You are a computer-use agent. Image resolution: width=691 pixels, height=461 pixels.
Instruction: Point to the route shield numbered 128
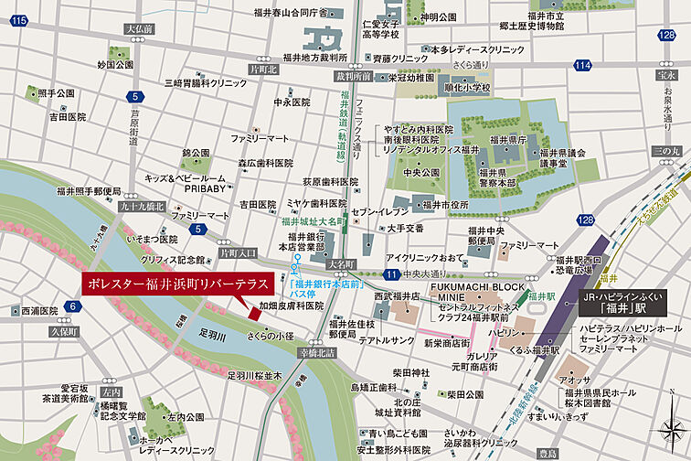tap(670, 34)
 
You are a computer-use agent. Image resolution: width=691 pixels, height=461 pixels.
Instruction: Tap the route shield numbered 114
tap(582, 65)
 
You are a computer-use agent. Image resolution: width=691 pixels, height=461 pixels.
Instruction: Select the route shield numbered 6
tap(71, 306)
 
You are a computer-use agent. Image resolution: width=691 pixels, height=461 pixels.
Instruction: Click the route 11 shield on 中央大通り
tap(391, 274)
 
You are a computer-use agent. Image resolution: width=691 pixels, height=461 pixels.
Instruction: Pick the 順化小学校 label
tap(466, 88)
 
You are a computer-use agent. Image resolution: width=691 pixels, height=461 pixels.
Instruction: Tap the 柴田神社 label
tap(411, 372)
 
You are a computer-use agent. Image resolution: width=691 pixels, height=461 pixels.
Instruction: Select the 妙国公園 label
tap(115, 65)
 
